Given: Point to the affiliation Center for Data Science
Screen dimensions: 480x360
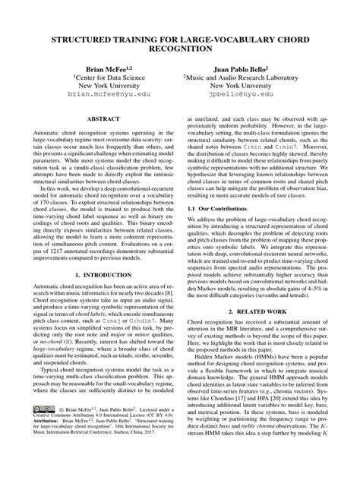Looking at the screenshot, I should pos(105,77).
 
